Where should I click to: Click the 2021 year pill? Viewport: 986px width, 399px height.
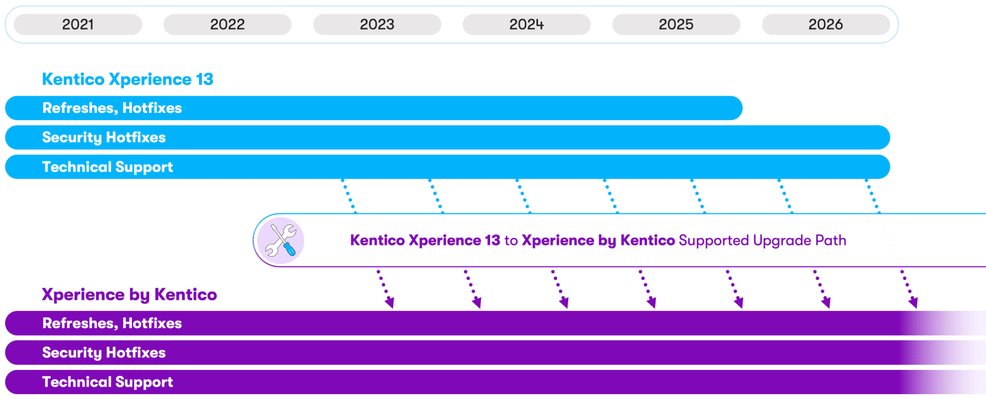(78, 25)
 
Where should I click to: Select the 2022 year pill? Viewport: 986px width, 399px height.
(227, 25)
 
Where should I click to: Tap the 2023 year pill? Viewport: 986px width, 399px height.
(377, 25)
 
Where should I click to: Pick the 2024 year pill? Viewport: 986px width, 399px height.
(526, 25)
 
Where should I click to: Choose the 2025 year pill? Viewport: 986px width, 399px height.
(676, 25)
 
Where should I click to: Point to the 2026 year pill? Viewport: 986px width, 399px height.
(826, 25)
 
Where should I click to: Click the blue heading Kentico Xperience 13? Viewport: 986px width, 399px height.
(128, 80)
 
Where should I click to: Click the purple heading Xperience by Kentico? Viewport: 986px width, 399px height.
(129, 295)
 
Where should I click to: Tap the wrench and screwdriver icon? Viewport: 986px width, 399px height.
(280, 241)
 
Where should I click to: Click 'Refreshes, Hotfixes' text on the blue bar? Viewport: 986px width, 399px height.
(112, 109)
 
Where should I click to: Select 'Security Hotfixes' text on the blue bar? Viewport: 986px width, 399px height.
(104, 138)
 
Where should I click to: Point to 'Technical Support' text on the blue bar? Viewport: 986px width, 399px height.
(108, 167)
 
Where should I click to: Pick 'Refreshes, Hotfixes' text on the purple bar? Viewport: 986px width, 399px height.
(112, 324)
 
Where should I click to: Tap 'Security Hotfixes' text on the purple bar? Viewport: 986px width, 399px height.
(104, 353)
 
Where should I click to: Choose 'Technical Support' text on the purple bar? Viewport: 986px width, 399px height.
(108, 382)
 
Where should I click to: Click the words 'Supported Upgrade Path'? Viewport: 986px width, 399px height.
(762, 241)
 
